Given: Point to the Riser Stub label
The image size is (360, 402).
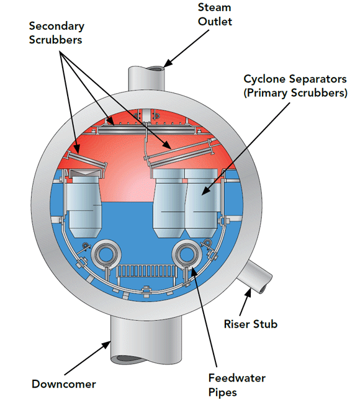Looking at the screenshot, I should click(x=250, y=324).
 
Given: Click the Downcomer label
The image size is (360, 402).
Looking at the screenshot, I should click(x=63, y=384).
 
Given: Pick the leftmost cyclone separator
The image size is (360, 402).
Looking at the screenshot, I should click(x=84, y=203).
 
